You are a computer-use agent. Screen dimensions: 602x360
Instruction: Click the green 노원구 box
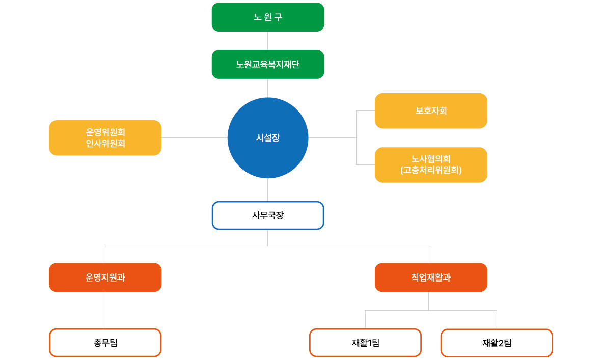point(267,17)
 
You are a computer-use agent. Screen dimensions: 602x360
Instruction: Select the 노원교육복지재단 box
point(267,65)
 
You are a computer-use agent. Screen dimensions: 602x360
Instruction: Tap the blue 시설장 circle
point(267,138)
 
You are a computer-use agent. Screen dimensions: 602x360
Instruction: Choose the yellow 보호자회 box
point(431,111)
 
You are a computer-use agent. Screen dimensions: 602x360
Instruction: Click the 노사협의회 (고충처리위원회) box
point(431,164)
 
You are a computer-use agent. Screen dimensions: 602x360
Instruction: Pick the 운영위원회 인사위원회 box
point(105,138)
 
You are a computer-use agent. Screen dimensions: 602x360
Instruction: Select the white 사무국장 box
point(267,215)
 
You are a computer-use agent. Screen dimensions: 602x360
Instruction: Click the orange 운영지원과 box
point(105,278)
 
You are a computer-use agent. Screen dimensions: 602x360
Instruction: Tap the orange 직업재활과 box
point(431,278)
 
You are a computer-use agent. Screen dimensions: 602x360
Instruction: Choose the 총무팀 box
point(105,343)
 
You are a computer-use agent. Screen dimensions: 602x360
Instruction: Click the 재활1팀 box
point(365,343)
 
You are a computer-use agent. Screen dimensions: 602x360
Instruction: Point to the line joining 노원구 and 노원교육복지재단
point(267,41)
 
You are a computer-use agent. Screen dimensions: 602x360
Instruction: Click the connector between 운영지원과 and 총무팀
point(105,310)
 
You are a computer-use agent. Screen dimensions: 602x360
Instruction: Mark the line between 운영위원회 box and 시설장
point(194,137)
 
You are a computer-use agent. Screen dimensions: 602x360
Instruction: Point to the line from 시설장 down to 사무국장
point(267,189)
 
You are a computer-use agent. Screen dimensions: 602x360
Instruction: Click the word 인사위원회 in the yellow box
point(105,144)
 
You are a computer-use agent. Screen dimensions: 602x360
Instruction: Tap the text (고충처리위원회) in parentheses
point(431,170)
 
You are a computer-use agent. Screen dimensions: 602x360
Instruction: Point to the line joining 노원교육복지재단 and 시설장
point(267,88)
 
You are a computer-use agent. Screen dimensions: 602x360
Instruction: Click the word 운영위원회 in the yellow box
point(105,132)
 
